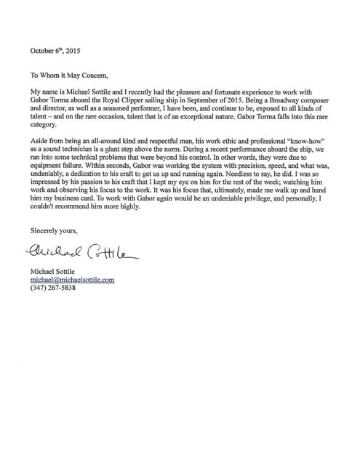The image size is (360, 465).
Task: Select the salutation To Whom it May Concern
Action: tap(71, 76)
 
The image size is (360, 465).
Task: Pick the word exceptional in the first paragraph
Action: tap(212, 124)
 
